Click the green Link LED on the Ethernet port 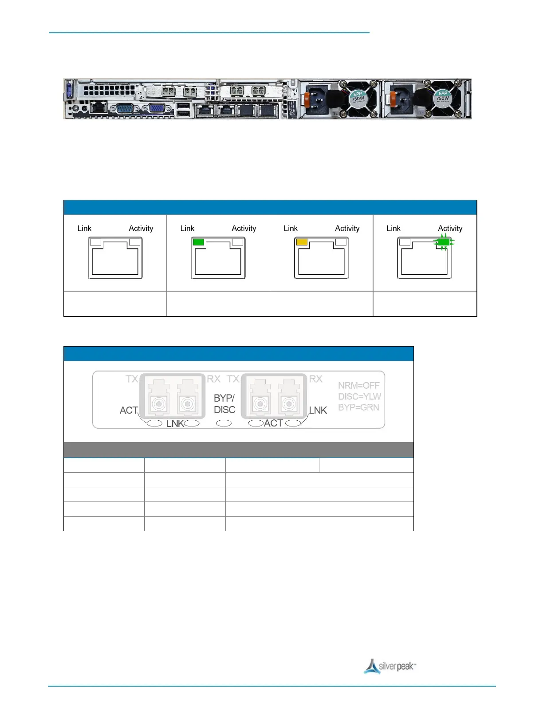(198, 242)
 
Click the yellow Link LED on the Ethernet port (302, 242)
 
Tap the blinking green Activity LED (443, 242)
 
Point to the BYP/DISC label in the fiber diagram (224, 404)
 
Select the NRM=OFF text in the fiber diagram (359, 386)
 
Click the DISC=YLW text (359, 396)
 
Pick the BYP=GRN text (358, 407)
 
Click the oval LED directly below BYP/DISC (224, 423)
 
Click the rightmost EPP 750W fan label (442, 96)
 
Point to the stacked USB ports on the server (184, 110)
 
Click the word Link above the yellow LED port (291, 228)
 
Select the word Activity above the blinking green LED (450, 228)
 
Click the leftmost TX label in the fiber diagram (132, 379)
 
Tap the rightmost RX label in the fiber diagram (315, 379)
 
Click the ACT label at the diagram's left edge (129, 411)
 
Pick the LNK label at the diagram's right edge (318, 411)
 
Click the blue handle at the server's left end (69, 91)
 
